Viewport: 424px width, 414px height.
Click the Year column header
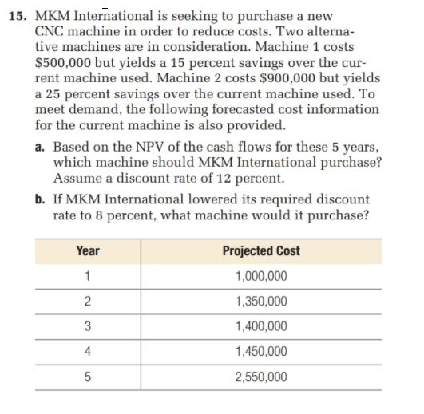point(87,250)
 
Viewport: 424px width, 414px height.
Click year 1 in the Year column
point(87,276)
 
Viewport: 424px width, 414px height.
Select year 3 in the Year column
point(87,326)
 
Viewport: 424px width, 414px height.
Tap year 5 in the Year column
point(87,376)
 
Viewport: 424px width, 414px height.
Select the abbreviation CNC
point(52,30)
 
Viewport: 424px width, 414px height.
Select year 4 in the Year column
point(87,351)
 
